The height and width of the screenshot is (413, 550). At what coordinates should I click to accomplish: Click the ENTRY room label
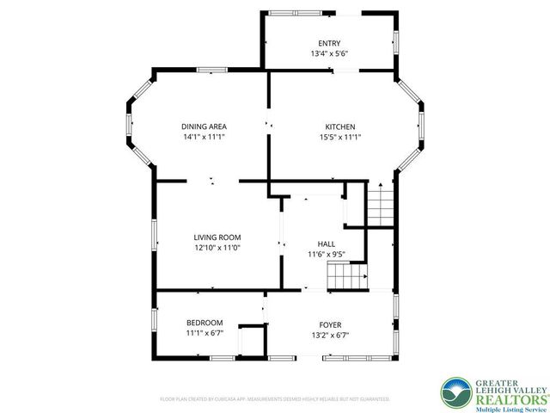(x=329, y=43)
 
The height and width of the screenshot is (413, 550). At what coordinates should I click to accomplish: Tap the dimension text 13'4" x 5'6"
(x=329, y=53)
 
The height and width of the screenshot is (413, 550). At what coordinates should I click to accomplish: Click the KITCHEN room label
(x=339, y=126)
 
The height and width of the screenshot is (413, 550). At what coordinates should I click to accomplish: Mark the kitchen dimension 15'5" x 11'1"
(x=339, y=137)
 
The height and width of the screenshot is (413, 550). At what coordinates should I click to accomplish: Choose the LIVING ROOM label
(x=217, y=237)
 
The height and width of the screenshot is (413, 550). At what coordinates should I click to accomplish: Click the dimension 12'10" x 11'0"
(x=217, y=248)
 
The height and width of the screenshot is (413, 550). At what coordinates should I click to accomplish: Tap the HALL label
(x=327, y=243)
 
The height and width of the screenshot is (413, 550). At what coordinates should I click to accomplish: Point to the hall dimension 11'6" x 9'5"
(x=327, y=254)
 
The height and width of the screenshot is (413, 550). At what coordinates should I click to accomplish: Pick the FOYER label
(x=331, y=324)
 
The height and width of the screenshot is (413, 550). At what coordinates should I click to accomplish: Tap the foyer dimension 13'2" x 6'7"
(x=331, y=335)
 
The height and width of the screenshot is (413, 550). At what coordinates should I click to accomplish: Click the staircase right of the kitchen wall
(x=379, y=206)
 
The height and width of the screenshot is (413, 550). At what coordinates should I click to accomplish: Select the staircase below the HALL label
(x=344, y=277)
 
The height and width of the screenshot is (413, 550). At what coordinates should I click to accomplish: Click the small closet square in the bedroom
(x=251, y=340)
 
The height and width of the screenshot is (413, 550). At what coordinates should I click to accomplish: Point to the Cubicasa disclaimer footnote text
(x=274, y=399)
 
